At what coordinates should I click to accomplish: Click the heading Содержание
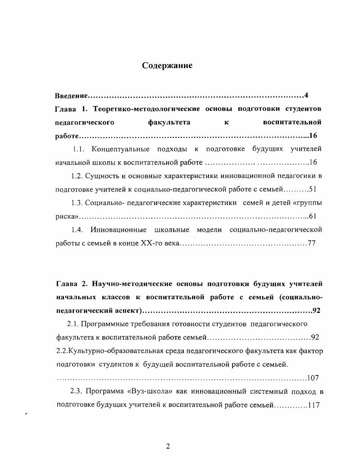point(167,66)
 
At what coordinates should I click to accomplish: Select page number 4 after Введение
point(306,95)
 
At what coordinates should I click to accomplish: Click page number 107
point(313,378)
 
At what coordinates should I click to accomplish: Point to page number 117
point(314,405)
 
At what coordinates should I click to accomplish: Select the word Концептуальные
point(120,149)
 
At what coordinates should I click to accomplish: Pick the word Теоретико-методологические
point(147,109)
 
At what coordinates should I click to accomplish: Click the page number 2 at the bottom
point(168,447)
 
